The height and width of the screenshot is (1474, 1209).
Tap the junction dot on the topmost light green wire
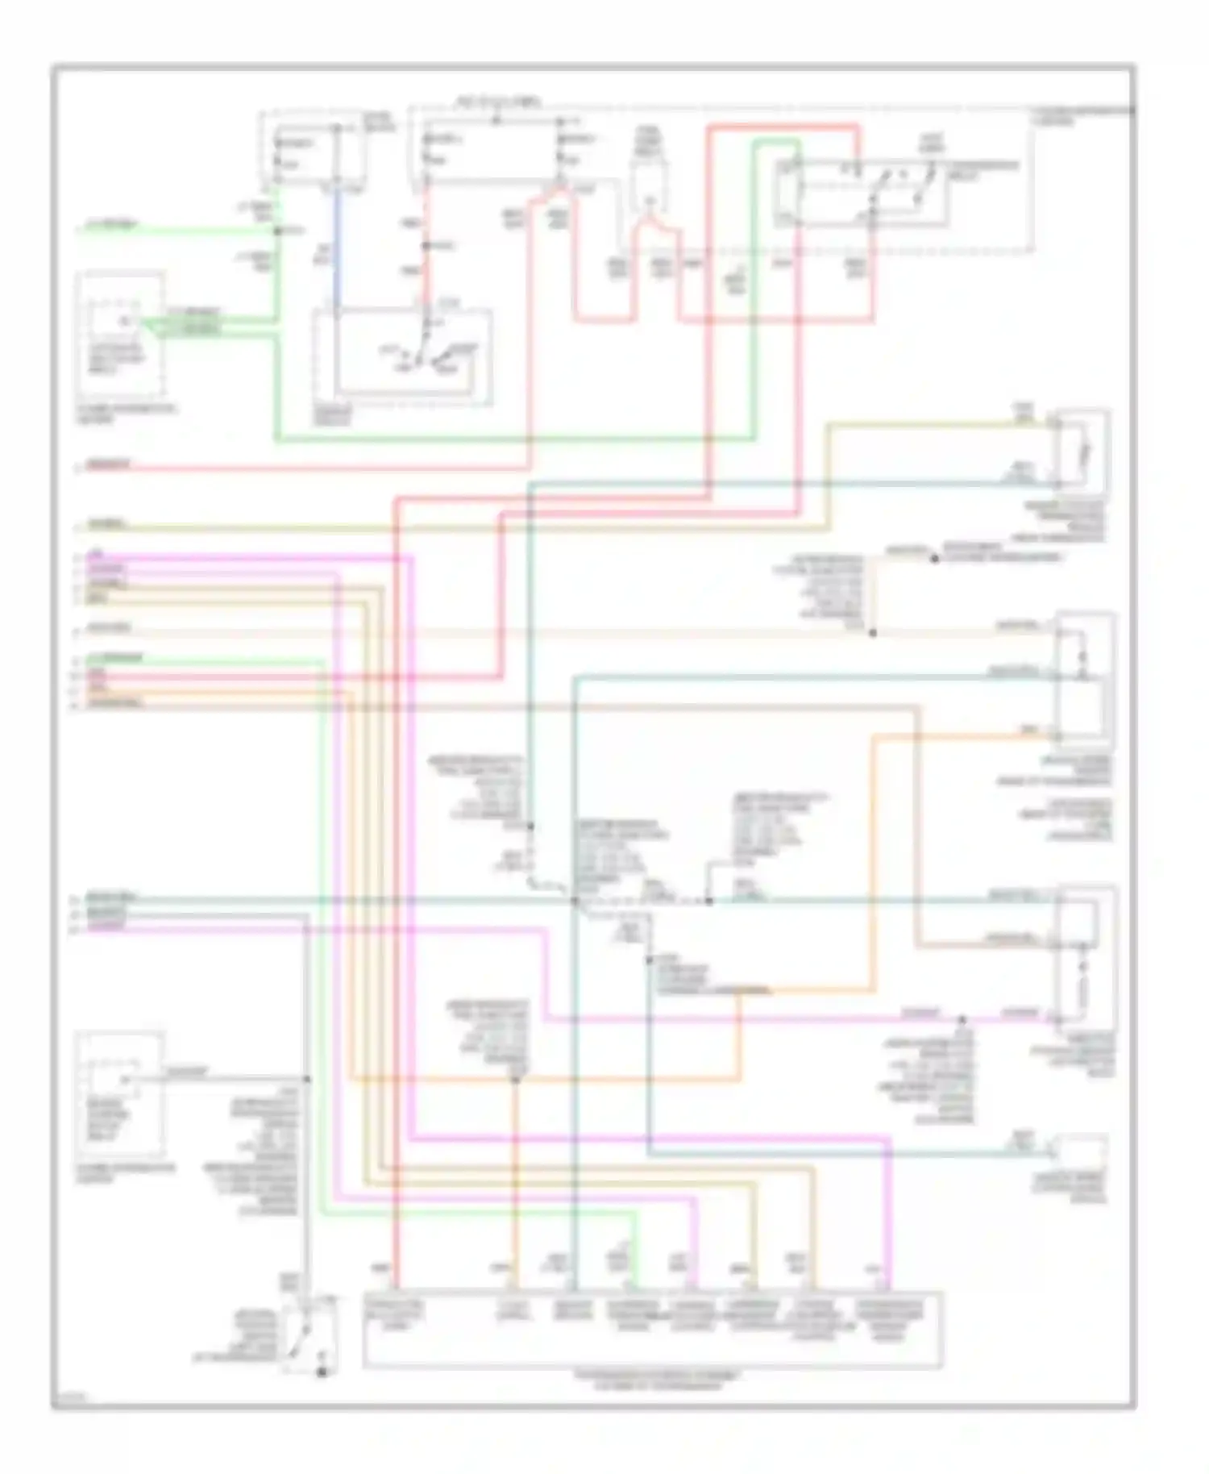276,231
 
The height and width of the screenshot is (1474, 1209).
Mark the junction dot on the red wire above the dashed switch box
425,245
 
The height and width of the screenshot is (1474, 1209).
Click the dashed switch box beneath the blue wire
403,356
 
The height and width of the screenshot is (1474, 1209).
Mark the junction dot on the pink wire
962,1019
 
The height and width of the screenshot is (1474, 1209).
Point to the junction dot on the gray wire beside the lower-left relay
307,1079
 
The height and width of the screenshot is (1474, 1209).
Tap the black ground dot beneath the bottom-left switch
321,1372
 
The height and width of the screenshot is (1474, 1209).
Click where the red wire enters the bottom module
396,1288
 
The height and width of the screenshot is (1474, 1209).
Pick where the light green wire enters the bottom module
637,1288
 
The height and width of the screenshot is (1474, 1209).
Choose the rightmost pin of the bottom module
890,1288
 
